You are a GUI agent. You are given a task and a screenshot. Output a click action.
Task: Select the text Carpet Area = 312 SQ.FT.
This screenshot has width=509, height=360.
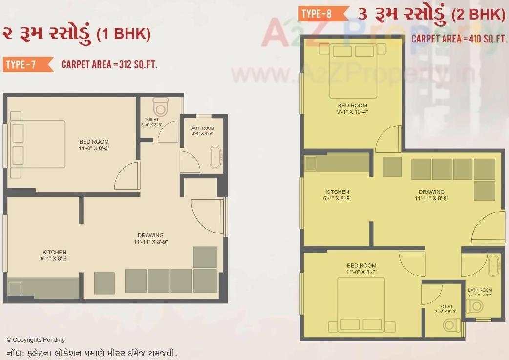pos(109,64)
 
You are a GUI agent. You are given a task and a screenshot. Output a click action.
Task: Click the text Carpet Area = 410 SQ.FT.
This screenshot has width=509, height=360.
pos(458,39)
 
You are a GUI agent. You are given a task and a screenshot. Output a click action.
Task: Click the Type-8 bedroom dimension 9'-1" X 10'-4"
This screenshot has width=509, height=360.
pos(352,112)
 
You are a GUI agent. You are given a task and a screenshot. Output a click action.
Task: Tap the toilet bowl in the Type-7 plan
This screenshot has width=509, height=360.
pos(160,106)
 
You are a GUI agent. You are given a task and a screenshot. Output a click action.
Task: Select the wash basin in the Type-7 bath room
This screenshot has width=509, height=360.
pos(215,156)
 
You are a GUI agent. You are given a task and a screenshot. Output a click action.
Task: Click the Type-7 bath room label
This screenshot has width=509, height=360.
pos(202,128)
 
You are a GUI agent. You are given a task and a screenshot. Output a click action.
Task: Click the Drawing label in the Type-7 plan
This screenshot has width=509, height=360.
pos(150,235)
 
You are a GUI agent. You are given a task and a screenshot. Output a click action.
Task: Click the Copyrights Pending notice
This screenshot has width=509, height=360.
pos(35,340)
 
